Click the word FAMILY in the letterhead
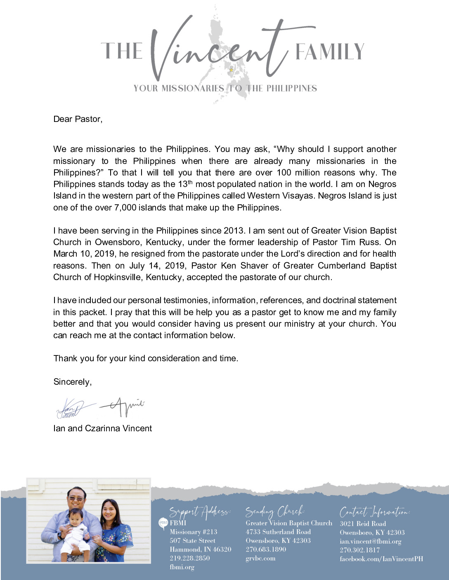329,52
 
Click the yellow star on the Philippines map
231,70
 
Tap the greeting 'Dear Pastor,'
78,119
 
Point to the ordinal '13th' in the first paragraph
185,184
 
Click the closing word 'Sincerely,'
73,382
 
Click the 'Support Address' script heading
200,512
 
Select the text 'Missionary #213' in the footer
193,532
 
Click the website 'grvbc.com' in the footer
260,559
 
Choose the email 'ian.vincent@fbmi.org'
370,541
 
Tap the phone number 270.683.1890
266,550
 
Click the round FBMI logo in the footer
163,523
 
